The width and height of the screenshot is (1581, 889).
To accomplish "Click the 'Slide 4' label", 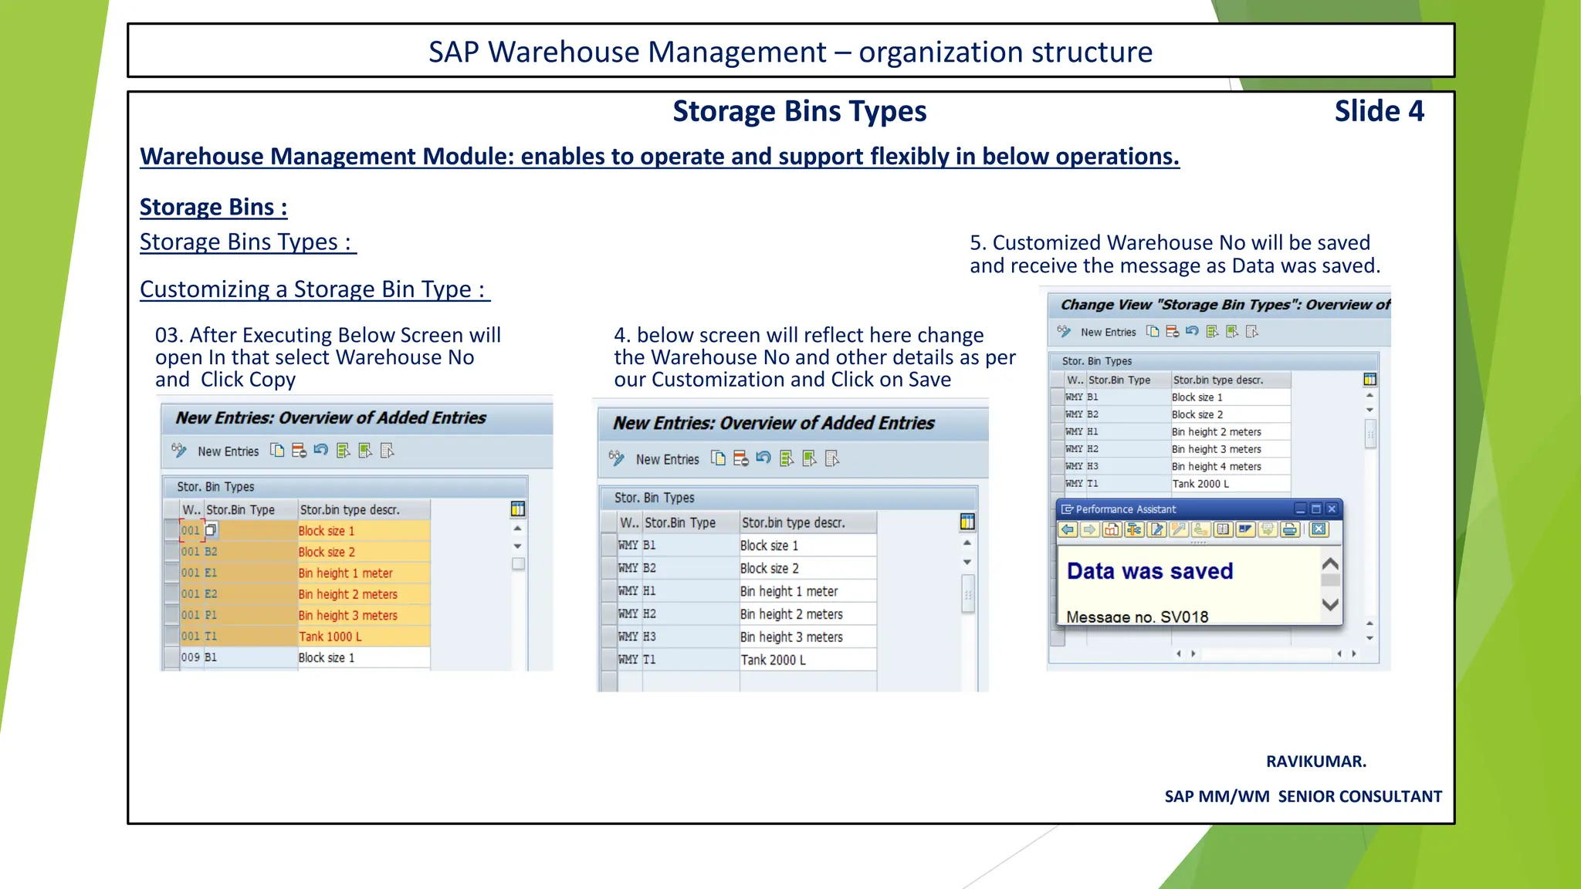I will [1379, 111].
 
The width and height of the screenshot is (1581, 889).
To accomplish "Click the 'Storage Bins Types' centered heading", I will [799, 111].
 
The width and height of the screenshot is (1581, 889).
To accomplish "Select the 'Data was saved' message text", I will [1149, 571].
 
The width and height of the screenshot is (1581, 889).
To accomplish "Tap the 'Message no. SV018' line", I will [1137, 617].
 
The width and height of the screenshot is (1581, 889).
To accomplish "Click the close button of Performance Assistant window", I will [1332, 509].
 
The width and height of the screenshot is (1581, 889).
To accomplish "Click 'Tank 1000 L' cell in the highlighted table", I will [330, 637].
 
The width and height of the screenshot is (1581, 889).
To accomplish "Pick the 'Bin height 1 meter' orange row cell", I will [345, 573].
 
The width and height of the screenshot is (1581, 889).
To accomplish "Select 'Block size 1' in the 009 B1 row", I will [326, 657].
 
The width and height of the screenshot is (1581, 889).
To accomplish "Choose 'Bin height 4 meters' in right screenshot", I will [1216, 466].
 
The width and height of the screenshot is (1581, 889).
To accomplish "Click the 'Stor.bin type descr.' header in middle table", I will [793, 522].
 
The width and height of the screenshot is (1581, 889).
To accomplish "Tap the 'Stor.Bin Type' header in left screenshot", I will [240, 510].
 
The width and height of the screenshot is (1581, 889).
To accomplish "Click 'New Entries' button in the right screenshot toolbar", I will [1108, 332].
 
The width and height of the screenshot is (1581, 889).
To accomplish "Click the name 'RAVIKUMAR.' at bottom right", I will [1315, 762].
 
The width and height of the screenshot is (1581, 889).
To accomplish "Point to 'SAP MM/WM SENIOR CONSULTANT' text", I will [1302, 796].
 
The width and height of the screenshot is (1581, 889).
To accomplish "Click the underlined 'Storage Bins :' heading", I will [213, 207].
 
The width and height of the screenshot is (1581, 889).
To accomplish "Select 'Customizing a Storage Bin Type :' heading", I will [314, 289].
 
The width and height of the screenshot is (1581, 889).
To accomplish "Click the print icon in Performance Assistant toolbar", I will [1289, 529].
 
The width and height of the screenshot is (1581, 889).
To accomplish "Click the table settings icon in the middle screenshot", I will [967, 522].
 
